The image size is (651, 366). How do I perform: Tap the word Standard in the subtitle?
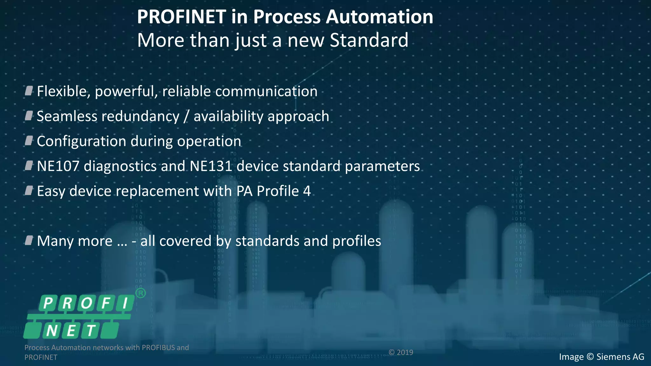click(369, 40)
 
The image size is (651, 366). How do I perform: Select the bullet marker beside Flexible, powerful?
click(29, 91)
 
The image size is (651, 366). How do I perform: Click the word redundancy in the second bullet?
click(140, 116)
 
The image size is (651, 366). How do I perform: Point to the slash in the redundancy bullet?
click(186, 117)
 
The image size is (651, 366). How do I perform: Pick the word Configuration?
click(81, 141)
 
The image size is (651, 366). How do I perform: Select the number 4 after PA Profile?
click(307, 191)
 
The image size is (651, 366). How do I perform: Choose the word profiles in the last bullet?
click(357, 241)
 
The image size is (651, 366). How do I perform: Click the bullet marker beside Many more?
click(29, 241)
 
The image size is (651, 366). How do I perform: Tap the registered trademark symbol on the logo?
click(140, 293)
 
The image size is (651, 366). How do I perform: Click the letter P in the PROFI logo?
click(48, 303)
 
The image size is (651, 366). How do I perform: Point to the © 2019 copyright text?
click(401, 352)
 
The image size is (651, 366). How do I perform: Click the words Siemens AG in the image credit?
click(620, 357)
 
